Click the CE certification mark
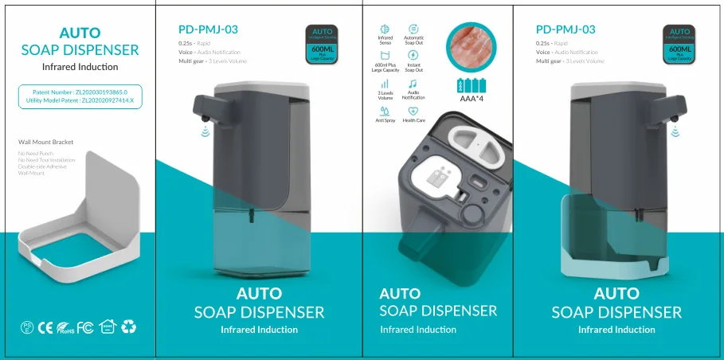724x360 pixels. [46, 327]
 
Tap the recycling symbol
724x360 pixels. [129, 327]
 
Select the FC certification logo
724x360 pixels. [86, 327]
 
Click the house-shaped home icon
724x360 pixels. [108, 327]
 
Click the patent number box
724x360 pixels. [80, 96]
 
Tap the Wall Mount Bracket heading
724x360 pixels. [45, 142]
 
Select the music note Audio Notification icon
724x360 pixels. [413, 83]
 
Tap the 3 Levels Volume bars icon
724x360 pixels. [385, 83]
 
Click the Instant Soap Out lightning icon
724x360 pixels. [413, 55]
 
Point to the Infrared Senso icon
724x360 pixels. [385, 29]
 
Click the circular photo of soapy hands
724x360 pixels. [472, 46]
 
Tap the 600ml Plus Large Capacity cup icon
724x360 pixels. [385, 55]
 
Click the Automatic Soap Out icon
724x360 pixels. [413, 29]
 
